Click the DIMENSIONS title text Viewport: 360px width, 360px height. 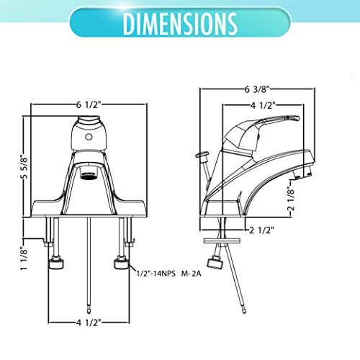coord(180,23)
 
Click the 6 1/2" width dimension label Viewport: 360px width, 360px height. coord(88,105)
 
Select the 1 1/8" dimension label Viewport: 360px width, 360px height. coord(24,258)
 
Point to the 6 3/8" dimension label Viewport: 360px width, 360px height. coord(257,89)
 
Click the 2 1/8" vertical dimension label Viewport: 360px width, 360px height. coord(291,199)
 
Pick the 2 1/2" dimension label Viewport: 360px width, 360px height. coord(261,230)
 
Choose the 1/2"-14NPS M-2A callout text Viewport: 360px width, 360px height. coord(168,274)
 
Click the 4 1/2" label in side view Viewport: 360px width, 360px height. coord(263,105)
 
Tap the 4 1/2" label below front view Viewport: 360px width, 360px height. coord(88,323)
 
